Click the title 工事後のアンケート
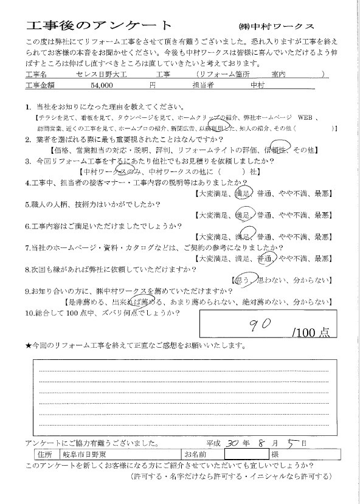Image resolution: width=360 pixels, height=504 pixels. point(99,25)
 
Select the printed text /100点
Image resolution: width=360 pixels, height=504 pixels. point(311,333)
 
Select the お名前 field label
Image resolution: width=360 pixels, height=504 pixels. point(195,455)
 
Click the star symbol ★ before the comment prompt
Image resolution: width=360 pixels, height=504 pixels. point(29,346)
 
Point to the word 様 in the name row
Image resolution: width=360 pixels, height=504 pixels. point(274,455)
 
